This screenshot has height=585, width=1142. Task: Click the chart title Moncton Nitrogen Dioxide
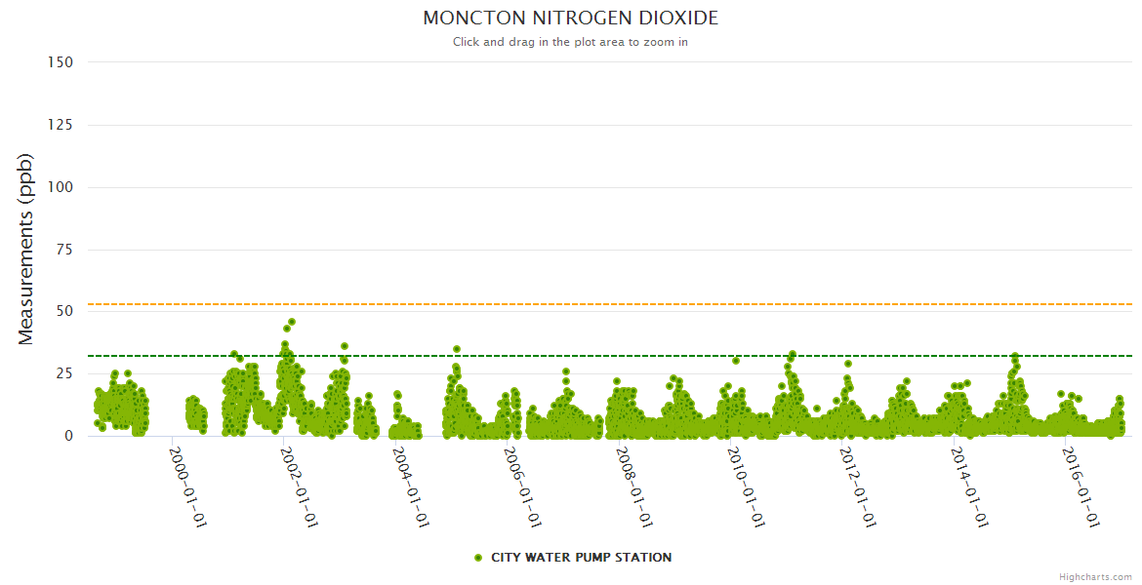570,19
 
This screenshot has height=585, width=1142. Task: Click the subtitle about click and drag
570,42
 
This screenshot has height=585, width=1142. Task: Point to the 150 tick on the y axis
61,62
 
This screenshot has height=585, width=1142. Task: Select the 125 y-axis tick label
61,125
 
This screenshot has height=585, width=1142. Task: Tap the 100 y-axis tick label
61,187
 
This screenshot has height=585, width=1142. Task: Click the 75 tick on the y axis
64,250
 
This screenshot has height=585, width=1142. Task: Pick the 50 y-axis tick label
64,311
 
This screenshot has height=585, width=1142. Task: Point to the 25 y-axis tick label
64,373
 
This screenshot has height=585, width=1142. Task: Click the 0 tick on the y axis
68,436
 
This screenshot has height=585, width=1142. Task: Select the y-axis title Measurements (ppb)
26,249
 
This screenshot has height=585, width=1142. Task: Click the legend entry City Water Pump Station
581,558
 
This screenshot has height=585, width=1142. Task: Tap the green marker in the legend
478,558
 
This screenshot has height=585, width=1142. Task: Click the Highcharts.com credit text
1095,577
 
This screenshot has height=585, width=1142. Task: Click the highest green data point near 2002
292,322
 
